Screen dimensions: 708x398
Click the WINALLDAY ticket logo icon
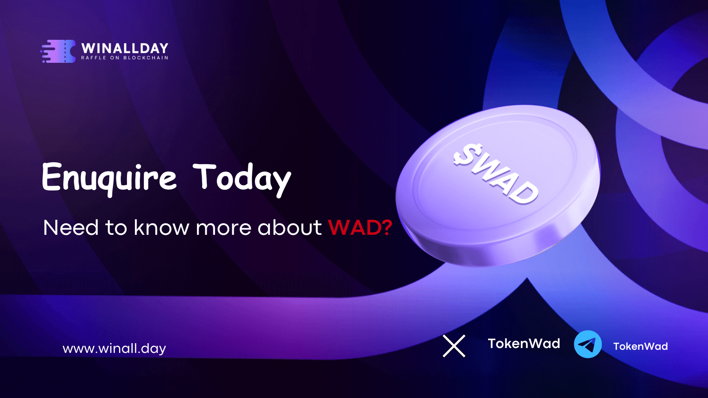(x=58, y=51)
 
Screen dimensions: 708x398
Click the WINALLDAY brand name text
(x=125, y=48)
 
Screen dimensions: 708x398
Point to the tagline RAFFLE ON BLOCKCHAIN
(x=124, y=58)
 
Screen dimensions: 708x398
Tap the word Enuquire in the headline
(x=109, y=179)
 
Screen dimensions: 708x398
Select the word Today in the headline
(x=242, y=179)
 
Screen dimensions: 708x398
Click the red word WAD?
(x=360, y=227)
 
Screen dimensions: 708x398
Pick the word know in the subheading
(x=161, y=227)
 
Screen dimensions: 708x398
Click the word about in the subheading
(x=289, y=227)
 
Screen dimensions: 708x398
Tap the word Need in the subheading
(x=71, y=227)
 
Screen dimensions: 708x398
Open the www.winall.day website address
(x=115, y=349)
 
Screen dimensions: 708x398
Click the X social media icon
(x=454, y=346)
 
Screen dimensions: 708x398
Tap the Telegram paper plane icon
(x=588, y=344)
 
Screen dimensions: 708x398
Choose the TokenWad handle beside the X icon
(x=524, y=344)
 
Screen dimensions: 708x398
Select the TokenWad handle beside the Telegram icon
(x=641, y=347)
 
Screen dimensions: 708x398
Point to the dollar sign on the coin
(x=467, y=154)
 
